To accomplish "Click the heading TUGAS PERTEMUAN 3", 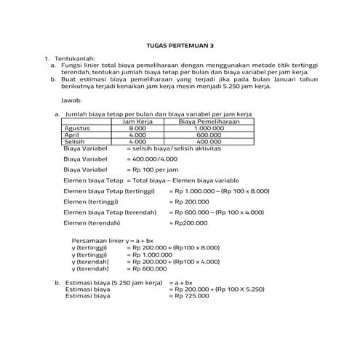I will [x=180, y=44].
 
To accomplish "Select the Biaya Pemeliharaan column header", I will [x=209, y=121].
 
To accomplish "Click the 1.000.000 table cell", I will [x=209, y=128].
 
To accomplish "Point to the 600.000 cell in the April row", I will [x=209, y=135].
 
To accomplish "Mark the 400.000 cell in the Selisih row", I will [x=209, y=141].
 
